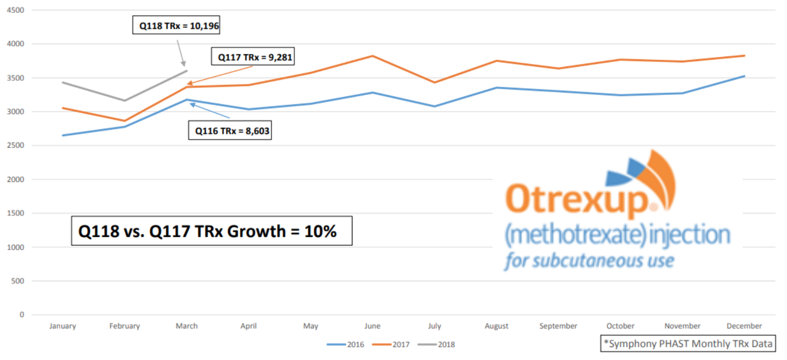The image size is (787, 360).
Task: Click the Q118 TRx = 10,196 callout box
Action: [176, 25]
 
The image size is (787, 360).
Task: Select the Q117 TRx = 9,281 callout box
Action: [253, 57]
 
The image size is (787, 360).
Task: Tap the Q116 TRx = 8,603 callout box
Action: [230, 130]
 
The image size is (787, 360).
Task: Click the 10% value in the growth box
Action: [320, 232]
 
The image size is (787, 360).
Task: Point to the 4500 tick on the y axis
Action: [15, 10]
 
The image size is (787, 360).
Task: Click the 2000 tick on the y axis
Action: [15, 180]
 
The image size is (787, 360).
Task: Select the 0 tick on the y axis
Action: [21, 315]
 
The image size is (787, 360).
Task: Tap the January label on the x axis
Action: [63, 326]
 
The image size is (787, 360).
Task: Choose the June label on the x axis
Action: [372, 326]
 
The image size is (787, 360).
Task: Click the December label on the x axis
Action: [744, 326]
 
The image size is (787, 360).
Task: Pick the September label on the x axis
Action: [558, 326]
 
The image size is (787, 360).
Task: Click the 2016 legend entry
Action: [346, 345]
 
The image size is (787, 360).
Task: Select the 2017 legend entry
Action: [391, 345]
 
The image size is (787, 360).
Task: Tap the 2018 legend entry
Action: [436, 345]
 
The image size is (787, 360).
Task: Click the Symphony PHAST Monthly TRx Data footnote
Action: [688, 344]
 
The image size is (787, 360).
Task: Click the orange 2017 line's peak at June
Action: [372, 56]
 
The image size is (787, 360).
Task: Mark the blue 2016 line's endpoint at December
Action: [744, 76]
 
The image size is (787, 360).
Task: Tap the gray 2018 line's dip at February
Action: [125, 100]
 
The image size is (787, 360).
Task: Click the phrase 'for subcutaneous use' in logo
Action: [589, 261]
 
